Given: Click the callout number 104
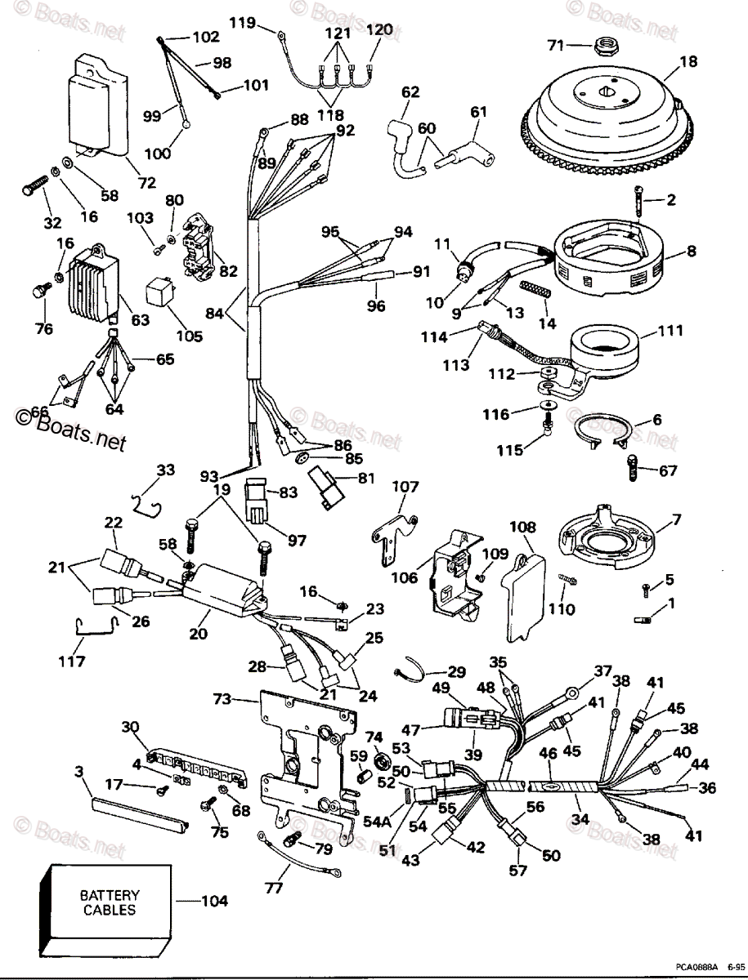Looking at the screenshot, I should [x=214, y=902].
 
